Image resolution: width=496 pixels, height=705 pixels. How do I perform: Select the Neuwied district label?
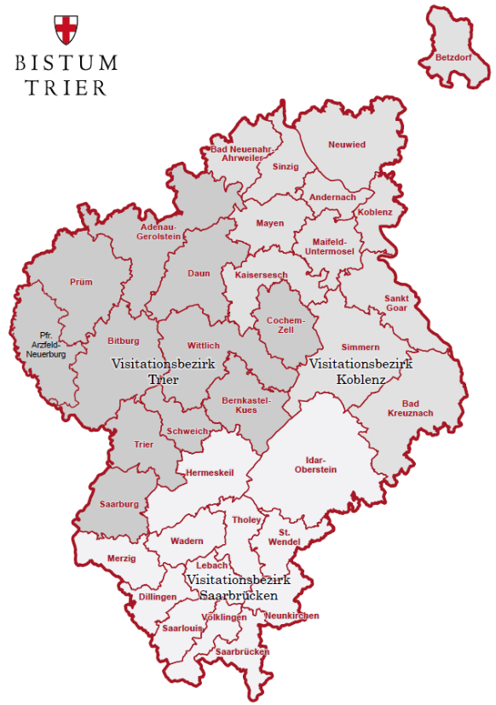point(347,145)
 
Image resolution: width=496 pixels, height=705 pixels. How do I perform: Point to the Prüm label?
point(81,282)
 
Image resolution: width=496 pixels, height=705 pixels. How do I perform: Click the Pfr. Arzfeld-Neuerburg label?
point(46,345)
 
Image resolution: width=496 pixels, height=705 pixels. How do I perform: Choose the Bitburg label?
point(124,341)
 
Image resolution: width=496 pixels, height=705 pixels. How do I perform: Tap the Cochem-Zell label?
point(285,324)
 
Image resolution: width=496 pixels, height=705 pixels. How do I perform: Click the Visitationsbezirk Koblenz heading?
point(361,371)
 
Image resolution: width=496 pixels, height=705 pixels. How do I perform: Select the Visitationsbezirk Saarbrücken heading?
point(239,587)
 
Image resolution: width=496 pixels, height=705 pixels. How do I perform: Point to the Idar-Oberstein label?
point(315,464)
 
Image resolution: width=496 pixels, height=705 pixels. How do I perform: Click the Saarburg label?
point(119,504)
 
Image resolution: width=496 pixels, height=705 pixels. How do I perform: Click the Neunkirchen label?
point(291,616)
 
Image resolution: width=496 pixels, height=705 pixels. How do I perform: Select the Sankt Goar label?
point(396,304)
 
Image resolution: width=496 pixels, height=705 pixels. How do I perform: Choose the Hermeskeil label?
point(209,473)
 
